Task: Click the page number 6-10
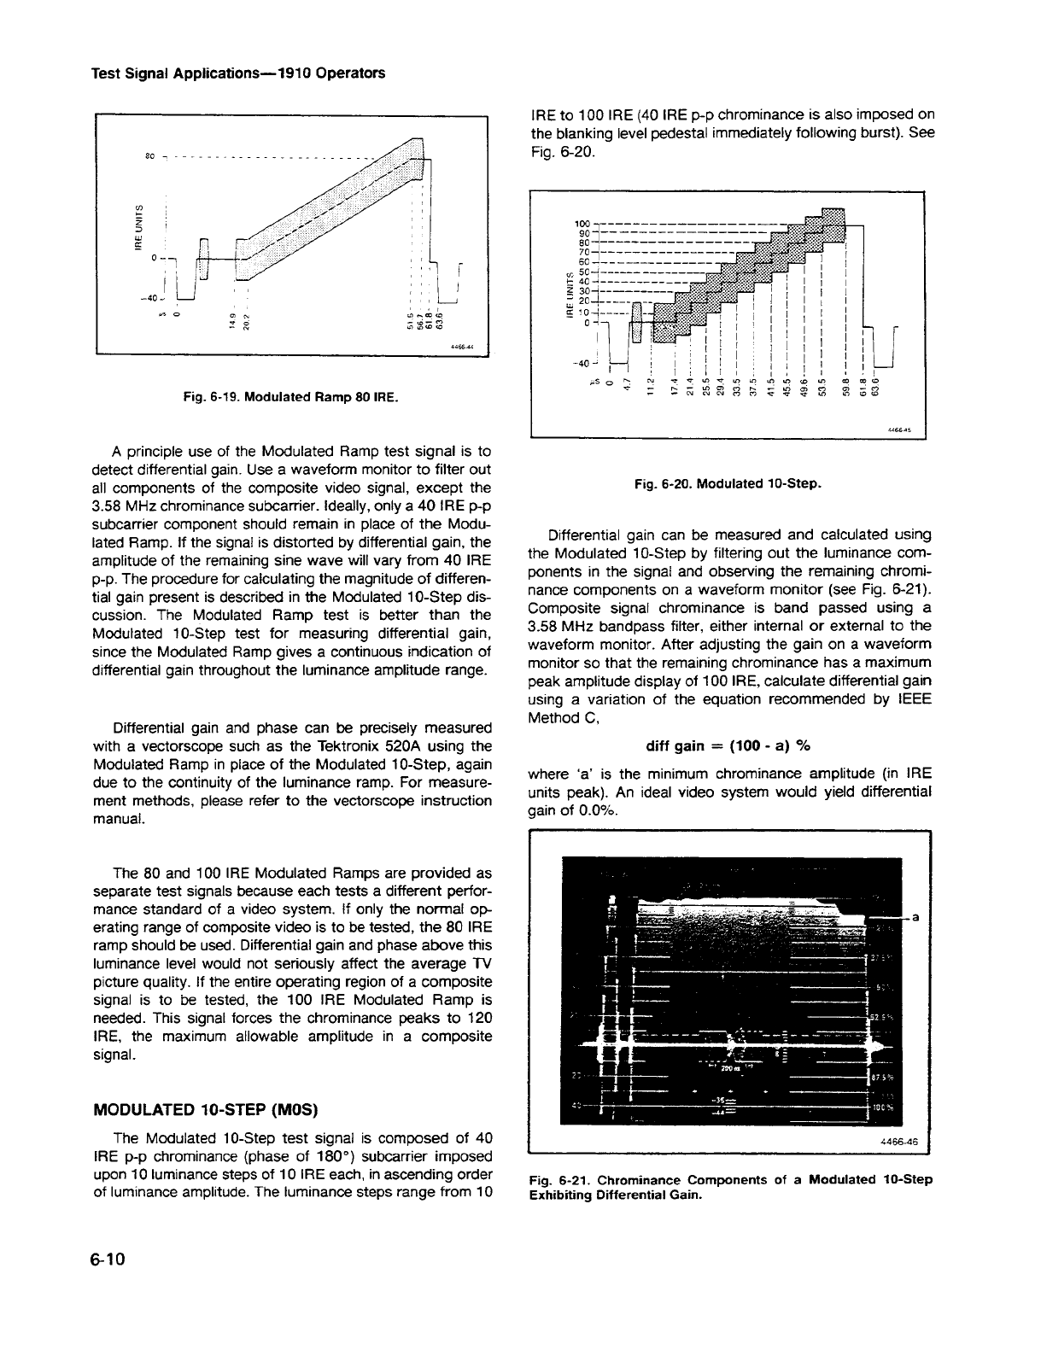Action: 108,1260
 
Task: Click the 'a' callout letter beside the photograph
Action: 915,918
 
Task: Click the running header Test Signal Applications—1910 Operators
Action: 237,73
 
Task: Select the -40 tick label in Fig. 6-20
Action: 583,364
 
